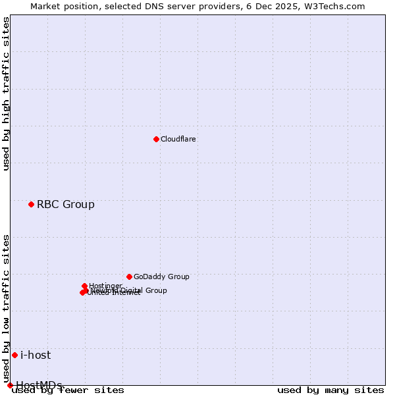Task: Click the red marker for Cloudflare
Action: [x=156, y=139]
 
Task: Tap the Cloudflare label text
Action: [x=178, y=140]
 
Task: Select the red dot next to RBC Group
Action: [x=31, y=204]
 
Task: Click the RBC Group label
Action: [x=65, y=205]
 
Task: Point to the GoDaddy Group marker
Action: [x=129, y=276]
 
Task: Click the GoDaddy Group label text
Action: [x=161, y=277]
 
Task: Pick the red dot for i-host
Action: [x=14, y=355]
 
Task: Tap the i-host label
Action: [x=36, y=355]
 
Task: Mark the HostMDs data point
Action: [x=10, y=385]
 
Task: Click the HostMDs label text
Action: [x=39, y=384]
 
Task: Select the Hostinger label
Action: [x=106, y=285]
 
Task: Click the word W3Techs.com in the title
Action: [x=336, y=7]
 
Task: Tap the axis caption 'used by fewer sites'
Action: [x=68, y=390]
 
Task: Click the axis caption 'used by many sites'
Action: [x=330, y=390]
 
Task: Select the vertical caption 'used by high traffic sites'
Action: [x=7, y=94]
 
